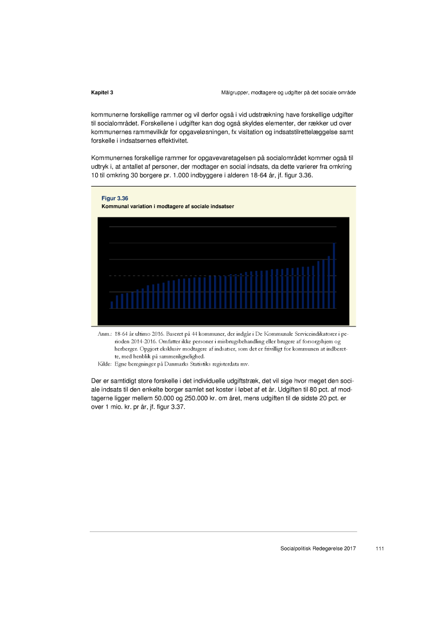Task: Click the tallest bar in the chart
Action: (x=334, y=275)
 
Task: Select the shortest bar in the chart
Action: (x=112, y=304)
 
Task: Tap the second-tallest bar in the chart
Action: (x=329, y=282)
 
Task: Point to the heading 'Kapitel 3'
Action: (x=102, y=93)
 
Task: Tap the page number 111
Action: (x=379, y=549)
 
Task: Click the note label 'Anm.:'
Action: (x=104, y=335)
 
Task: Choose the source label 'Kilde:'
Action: (x=104, y=365)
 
